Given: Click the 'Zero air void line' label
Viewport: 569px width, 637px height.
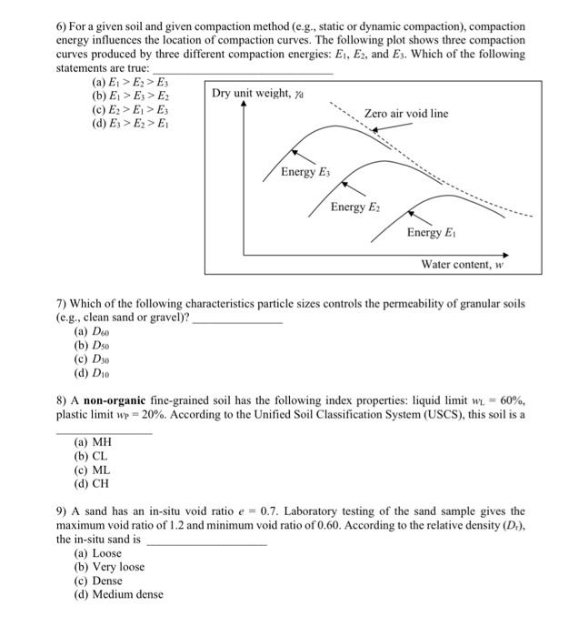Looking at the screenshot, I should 405,113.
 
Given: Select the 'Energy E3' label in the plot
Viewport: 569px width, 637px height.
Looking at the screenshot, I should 305,172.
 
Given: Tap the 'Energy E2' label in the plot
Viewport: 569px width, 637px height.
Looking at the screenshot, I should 355,207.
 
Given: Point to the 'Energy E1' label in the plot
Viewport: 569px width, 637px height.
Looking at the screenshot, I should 432,233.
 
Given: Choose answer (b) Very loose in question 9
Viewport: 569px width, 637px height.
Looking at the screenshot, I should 108,567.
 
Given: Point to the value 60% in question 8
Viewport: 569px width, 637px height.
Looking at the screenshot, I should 510,400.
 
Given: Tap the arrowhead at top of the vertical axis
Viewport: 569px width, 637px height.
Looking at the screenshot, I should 243,104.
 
